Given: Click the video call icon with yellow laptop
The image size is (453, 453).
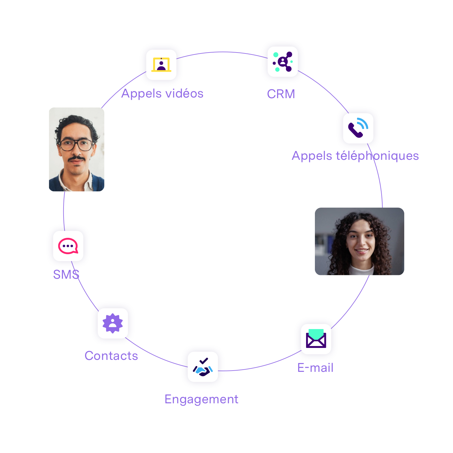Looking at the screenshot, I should (161, 65).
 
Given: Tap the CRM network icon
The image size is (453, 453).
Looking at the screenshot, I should (282, 62).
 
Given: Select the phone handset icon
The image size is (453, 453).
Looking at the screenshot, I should (358, 128).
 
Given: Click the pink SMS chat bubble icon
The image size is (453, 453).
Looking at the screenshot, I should (68, 246).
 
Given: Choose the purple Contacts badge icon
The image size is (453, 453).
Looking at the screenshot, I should (113, 323).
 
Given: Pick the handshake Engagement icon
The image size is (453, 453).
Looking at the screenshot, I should (203, 367).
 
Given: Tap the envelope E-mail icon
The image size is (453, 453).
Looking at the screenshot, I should (316, 339).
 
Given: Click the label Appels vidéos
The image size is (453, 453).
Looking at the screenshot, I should (162, 93).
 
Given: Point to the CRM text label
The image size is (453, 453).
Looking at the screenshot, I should (281, 94).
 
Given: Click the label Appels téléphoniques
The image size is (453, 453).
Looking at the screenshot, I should (355, 156).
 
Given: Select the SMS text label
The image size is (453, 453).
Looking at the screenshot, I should (66, 275).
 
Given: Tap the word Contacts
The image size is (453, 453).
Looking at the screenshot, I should (111, 356).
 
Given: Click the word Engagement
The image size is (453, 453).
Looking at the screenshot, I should (201, 399).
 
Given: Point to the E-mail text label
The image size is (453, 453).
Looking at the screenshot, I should (315, 368).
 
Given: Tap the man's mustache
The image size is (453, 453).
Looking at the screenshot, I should (76, 158).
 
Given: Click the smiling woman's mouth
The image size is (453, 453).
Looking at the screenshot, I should (361, 251).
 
